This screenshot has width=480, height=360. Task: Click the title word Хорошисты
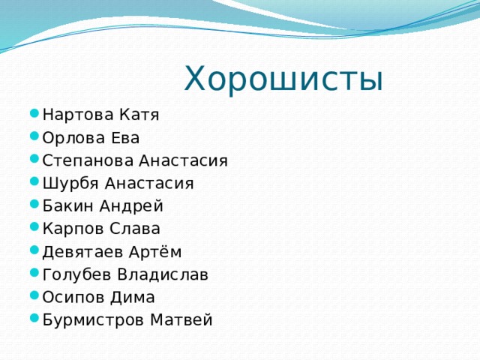(x=283, y=79)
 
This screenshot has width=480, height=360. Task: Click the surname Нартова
(x=75, y=115)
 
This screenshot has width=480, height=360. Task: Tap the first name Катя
(x=136, y=115)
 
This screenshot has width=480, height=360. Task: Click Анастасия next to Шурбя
(x=149, y=183)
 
